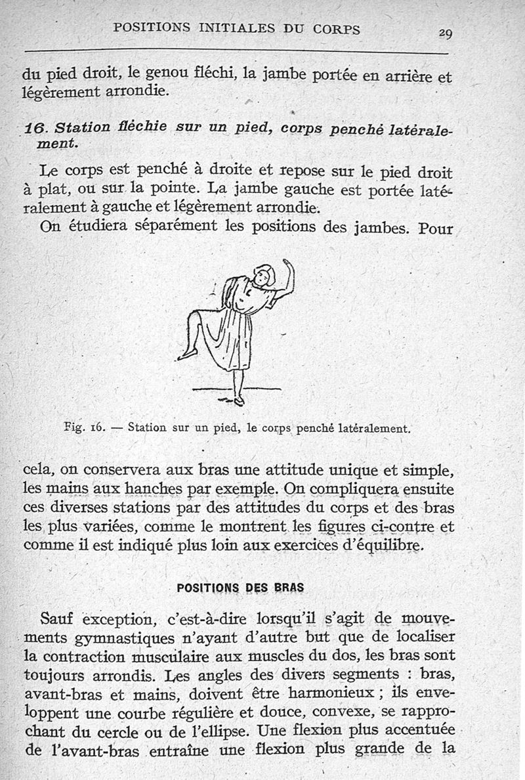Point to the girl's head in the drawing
[263, 275]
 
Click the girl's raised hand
[287, 266]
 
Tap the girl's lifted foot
[187, 355]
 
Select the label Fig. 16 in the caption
[81, 427]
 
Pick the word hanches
[152, 489]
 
